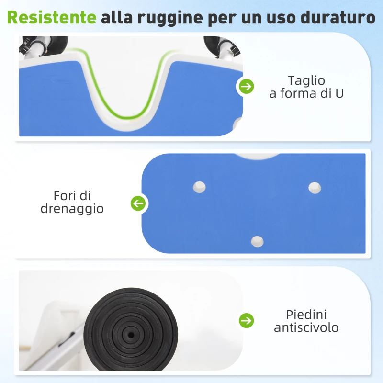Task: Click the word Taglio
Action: coord(306,80)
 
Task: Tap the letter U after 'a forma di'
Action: coord(339,93)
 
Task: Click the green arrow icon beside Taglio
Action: coord(247,87)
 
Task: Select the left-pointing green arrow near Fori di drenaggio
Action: coord(138,203)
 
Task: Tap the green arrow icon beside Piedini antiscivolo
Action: coord(247,320)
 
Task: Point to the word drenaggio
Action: coord(72,209)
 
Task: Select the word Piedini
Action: coord(306,315)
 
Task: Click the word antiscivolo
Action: coord(306,327)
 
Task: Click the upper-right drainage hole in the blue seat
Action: coord(314,188)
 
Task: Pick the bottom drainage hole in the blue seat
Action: coord(258,241)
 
